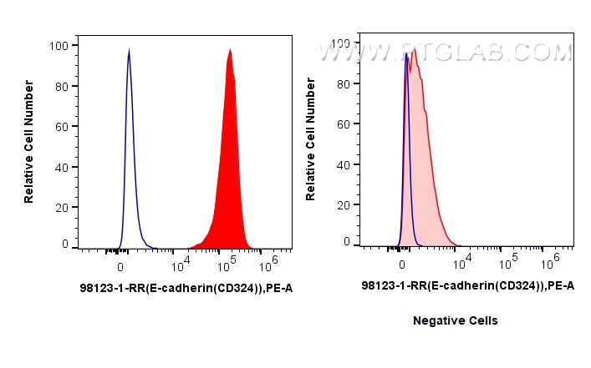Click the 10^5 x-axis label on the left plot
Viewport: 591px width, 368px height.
click(x=227, y=265)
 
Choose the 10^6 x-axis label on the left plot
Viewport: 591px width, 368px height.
click(x=270, y=265)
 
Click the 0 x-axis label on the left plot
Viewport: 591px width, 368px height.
click(x=121, y=267)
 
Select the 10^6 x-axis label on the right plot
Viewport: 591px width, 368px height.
click(x=552, y=262)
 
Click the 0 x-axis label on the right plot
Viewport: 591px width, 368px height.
click(x=403, y=264)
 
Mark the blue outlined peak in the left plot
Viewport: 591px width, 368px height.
click(x=129, y=125)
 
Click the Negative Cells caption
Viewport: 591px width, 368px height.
click(x=456, y=320)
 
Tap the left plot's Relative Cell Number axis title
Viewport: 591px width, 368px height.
click(x=29, y=143)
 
